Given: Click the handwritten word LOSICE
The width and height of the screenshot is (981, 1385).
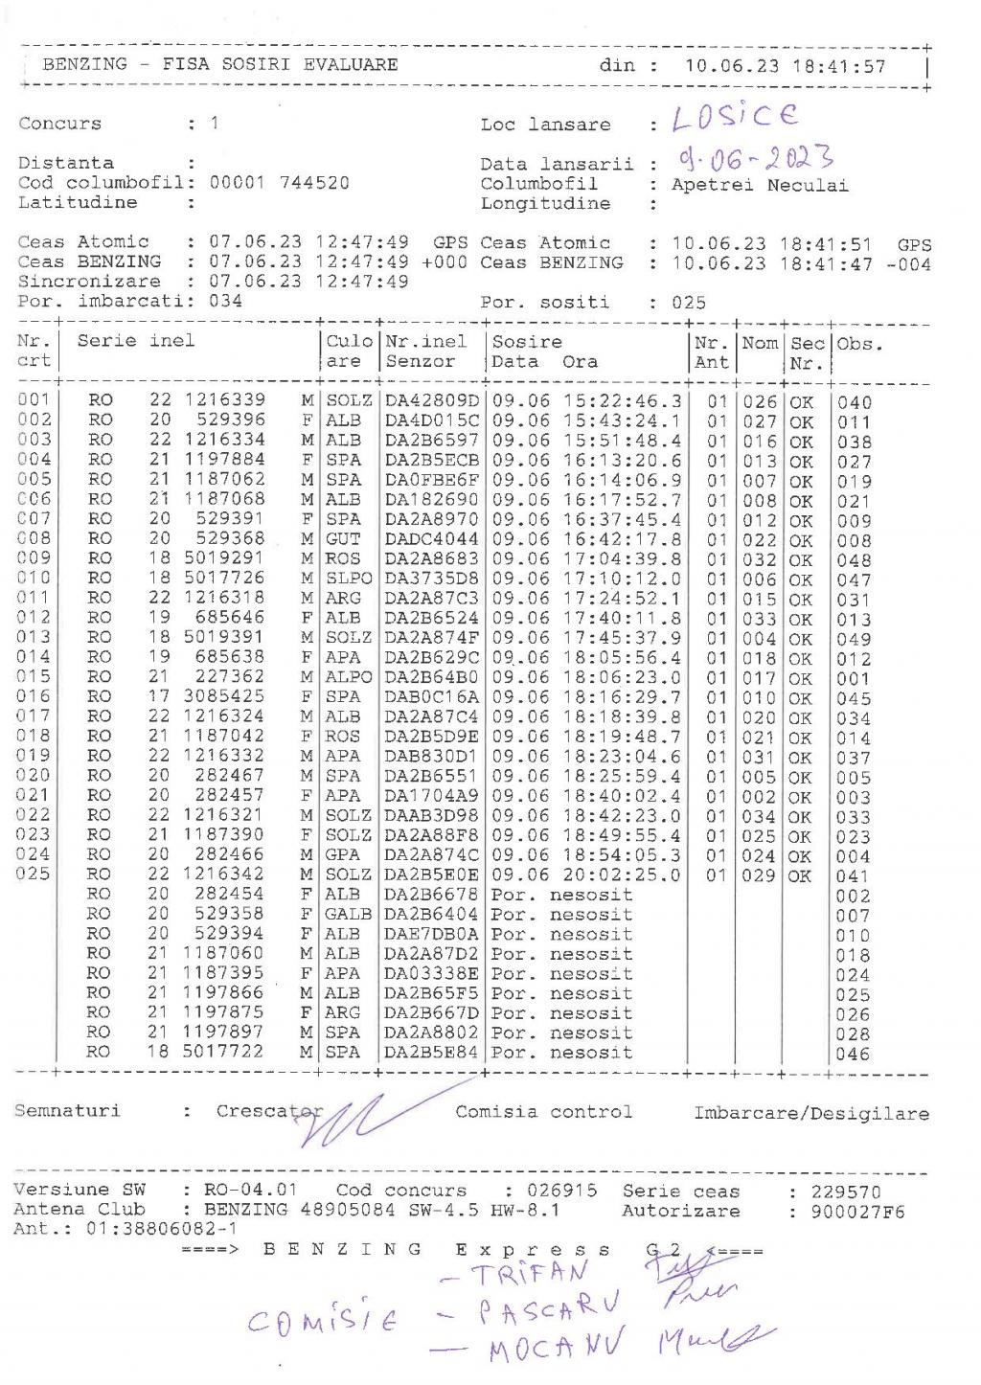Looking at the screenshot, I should [735, 117].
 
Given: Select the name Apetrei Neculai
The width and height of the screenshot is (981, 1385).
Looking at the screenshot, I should [760, 185].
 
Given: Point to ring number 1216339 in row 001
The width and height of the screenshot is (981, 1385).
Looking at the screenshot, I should [225, 399].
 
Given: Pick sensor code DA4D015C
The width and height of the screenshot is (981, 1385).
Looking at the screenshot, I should [431, 420].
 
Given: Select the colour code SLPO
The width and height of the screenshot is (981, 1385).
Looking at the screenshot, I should [348, 579].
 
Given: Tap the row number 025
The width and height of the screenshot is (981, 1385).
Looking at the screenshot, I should [33, 874].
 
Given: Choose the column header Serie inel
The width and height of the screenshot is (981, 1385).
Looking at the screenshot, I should [136, 341].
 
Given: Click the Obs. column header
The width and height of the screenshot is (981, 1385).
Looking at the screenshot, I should [859, 344].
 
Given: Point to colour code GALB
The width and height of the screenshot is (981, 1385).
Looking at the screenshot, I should [348, 914].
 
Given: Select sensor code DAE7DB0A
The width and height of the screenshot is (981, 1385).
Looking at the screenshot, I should [431, 934].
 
